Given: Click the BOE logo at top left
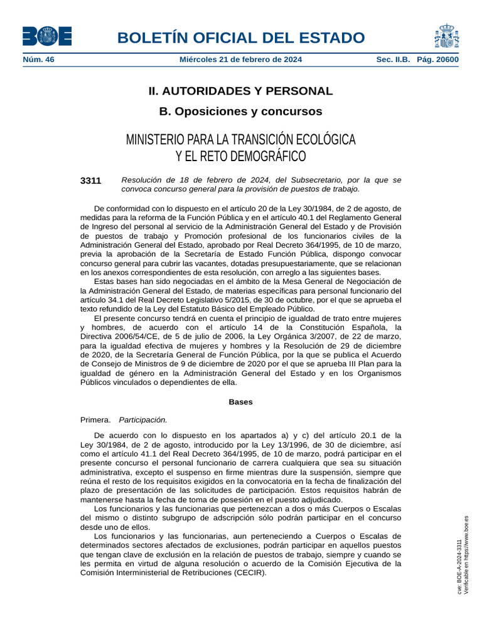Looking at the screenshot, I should (47, 36).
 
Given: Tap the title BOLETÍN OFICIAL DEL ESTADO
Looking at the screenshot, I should (240, 38).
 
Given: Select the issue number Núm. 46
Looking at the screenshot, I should (38, 60).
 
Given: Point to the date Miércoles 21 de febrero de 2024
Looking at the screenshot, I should (240, 60).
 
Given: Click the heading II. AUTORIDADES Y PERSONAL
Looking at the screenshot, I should (240, 91).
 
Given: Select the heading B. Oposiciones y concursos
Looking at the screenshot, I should (240, 112).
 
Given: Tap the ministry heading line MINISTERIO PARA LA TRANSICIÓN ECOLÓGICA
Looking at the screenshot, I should (240, 139).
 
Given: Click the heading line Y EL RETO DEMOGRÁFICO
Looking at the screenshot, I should (240, 155).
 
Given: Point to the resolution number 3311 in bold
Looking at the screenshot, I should (91, 181).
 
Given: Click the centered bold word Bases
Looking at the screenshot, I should (240, 402).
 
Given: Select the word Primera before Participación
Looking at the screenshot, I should (95, 420).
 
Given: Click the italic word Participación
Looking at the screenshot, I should (143, 420).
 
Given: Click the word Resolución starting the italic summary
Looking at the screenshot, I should (142, 180).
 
